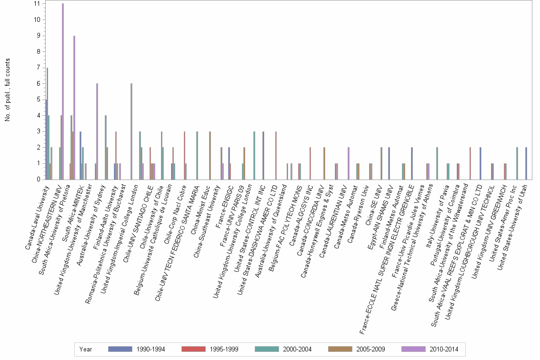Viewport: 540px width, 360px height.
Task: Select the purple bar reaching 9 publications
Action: (74, 107)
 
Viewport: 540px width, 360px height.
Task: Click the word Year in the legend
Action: (86, 349)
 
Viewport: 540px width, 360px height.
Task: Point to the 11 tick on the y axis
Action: (37, 4)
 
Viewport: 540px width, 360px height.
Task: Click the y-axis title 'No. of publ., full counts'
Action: (8, 90)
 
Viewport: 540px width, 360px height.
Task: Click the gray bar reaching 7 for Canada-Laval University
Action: (47, 124)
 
